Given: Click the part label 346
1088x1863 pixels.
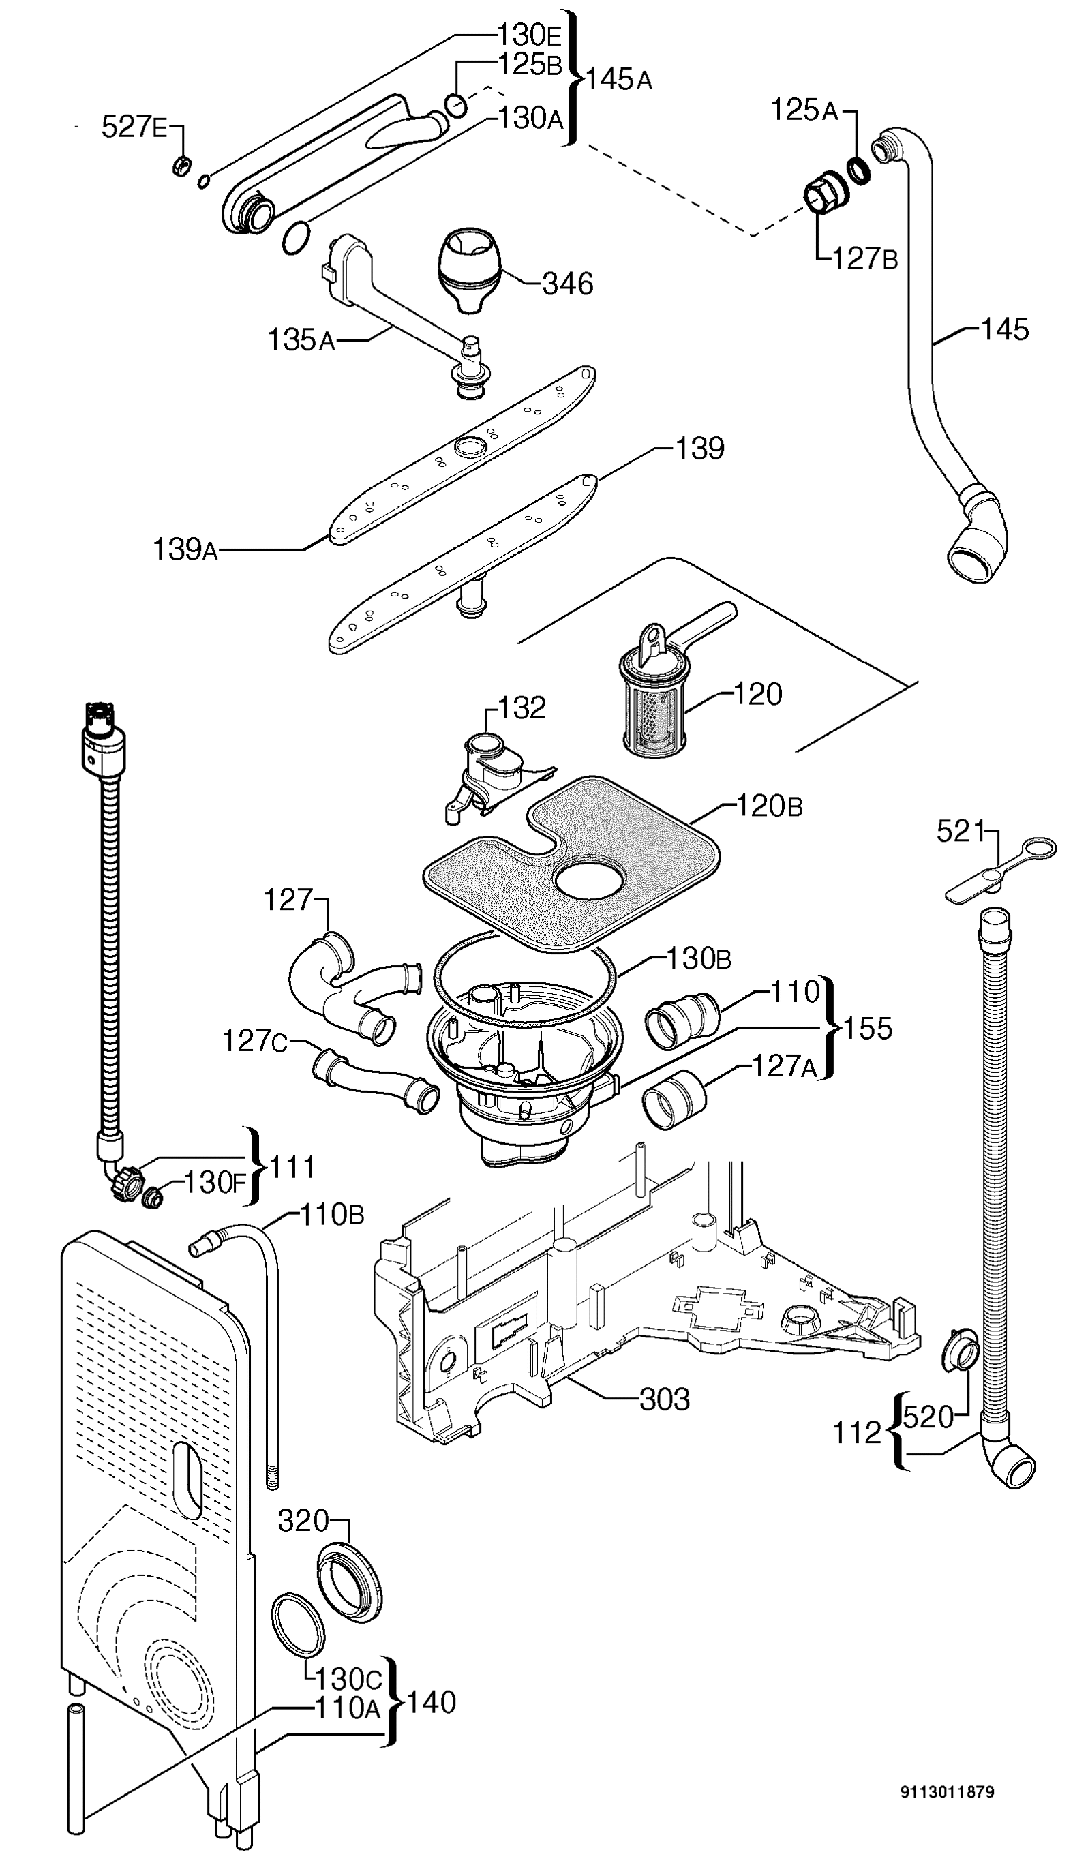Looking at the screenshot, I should click(568, 284).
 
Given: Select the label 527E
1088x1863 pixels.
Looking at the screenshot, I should click(134, 127).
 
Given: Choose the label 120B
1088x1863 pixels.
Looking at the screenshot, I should click(769, 806).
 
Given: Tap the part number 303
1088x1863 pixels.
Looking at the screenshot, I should click(664, 1399).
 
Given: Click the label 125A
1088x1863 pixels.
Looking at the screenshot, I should click(804, 111).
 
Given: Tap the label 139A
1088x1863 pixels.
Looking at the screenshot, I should click(185, 550).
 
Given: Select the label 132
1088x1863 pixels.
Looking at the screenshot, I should click(522, 708).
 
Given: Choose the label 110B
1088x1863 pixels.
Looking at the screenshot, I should click(332, 1215).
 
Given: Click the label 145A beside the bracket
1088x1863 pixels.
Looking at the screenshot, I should click(620, 79).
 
